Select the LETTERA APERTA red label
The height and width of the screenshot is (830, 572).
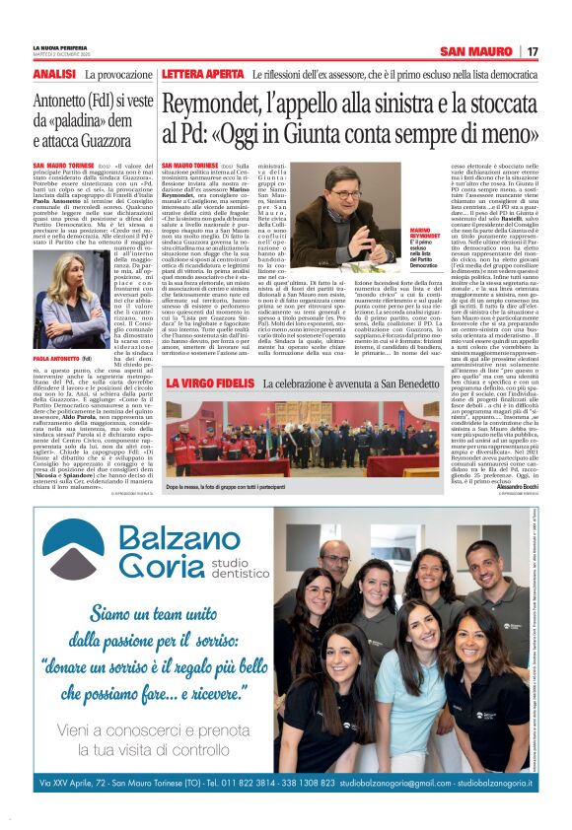[202, 75]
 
